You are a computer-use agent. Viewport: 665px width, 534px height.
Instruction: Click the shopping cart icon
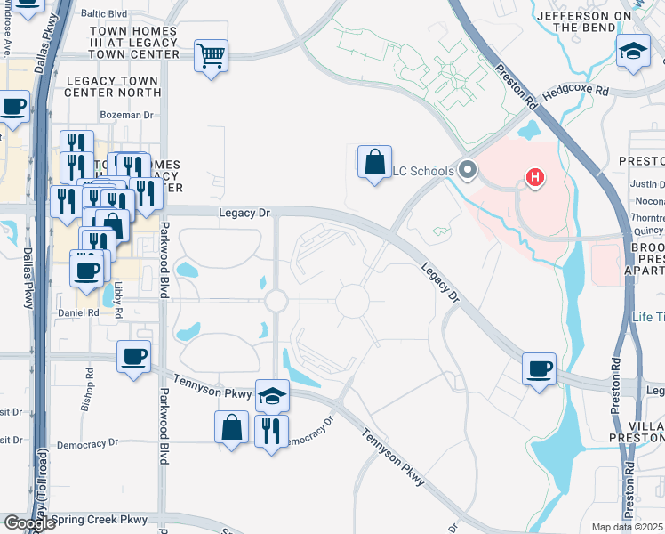(211, 56)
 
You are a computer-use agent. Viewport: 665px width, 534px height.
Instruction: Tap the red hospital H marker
(535, 178)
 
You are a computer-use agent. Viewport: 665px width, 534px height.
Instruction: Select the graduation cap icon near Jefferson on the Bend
(633, 51)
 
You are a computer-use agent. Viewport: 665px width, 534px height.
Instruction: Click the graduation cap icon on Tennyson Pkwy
(273, 396)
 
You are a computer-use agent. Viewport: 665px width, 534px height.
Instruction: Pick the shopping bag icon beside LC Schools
(375, 162)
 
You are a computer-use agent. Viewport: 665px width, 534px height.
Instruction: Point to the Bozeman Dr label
(127, 115)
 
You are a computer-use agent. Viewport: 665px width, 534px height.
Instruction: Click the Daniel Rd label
(78, 313)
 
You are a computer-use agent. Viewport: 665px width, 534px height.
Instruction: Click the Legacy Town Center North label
(112, 86)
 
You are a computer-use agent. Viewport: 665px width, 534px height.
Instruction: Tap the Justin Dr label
(646, 184)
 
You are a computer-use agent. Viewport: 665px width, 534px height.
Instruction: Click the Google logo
(29, 523)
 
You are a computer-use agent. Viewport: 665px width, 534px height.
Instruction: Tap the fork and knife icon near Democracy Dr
(271, 432)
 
